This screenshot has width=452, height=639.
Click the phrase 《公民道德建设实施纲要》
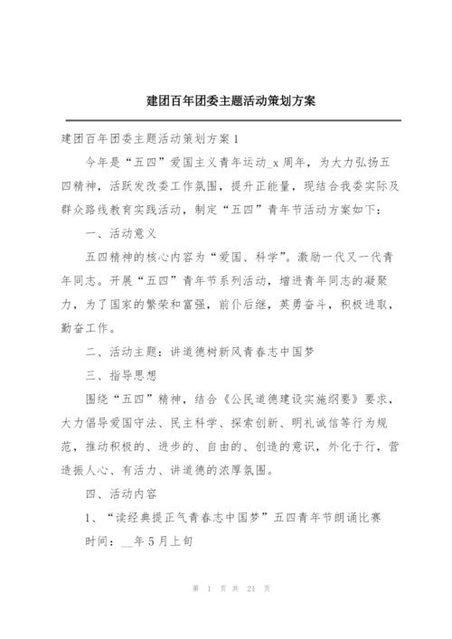tap(278, 398)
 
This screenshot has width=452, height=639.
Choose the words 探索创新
tap(236, 421)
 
